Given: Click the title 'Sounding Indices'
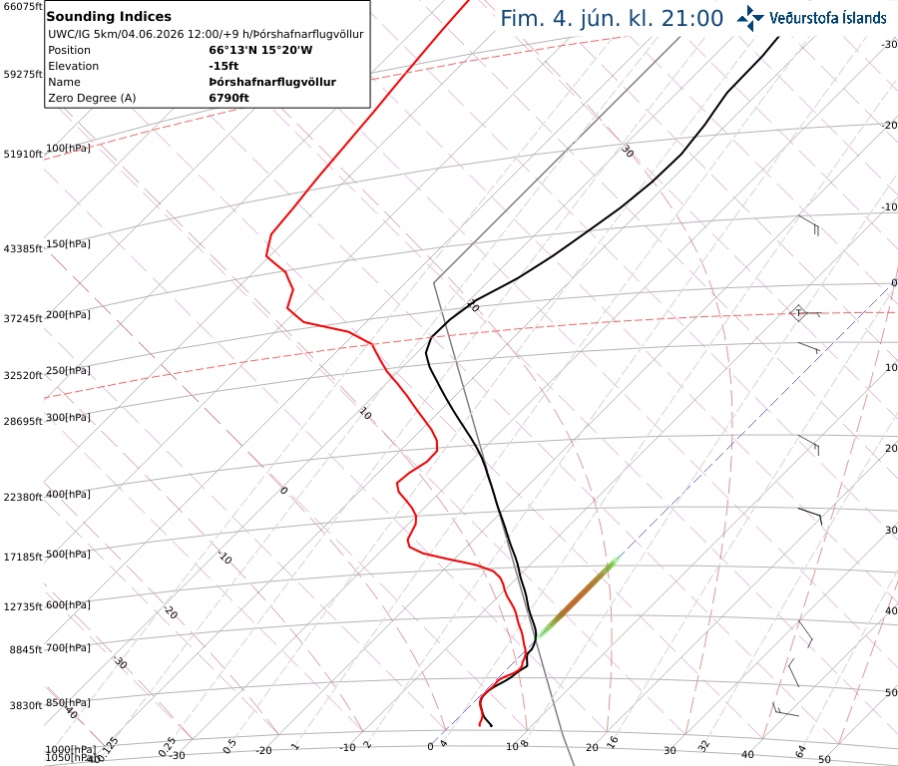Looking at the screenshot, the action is point(109,17).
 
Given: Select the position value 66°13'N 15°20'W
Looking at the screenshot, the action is point(260,50).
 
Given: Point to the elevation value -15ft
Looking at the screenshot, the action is point(224,66).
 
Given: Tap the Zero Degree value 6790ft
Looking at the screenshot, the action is point(228,98).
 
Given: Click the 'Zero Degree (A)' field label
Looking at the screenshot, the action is point(92,98).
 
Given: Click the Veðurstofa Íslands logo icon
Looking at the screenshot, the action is point(750,18).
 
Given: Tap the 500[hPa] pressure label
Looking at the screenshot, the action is point(68,554).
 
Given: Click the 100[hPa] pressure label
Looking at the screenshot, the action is point(68,149).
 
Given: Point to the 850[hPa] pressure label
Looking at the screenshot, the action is point(68,702).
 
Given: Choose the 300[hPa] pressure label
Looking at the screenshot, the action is point(68,417).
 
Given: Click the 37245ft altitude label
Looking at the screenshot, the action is point(23,318).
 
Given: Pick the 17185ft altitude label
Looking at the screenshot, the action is point(23,557).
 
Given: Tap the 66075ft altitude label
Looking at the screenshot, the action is point(23,6).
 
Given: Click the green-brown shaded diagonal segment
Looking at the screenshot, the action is point(578,598).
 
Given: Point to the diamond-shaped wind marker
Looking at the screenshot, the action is point(798,313).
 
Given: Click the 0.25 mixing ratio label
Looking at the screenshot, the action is point(167,746).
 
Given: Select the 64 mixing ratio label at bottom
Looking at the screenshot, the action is point(800,751).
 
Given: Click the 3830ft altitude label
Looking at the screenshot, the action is point(26,706).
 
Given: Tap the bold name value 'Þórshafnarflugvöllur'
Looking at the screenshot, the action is point(272,82).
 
